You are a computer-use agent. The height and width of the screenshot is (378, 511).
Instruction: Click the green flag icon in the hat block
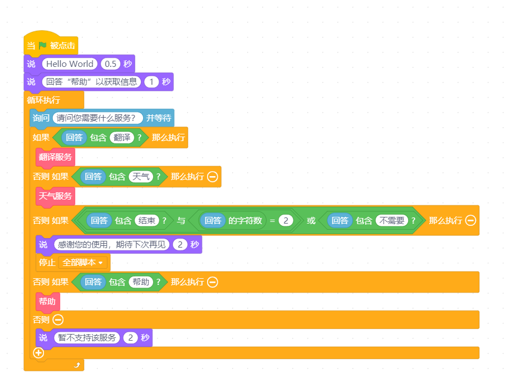point(43,45)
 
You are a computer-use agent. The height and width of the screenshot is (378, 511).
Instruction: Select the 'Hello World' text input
point(70,64)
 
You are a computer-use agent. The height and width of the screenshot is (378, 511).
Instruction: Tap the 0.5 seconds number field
point(110,64)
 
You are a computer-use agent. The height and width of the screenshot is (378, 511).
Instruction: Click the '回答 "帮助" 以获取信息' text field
point(92,81)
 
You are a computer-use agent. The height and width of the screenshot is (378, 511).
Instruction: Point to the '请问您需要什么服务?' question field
point(97,118)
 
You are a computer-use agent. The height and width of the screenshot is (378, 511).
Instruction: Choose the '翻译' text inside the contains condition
point(122,137)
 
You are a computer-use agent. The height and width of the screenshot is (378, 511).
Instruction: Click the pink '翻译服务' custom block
point(56,157)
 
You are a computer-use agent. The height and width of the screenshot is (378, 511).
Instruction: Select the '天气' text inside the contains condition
point(141,177)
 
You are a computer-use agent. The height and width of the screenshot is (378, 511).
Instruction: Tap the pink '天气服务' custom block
point(56,196)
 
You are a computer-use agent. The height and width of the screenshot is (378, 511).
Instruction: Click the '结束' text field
point(146,221)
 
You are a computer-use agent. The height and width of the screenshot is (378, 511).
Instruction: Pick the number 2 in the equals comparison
point(286,221)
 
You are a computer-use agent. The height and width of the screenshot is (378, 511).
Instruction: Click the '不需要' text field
point(392,221)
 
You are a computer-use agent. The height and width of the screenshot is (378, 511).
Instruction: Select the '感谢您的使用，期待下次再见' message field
point(112,245)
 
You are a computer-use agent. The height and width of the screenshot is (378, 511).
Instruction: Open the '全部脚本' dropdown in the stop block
point(82,263)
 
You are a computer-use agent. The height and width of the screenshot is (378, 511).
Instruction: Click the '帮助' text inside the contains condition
point(141,282)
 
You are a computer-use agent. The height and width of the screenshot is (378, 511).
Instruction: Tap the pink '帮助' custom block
point(47,301)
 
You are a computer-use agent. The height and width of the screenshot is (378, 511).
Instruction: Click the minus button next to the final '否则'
point(58,319)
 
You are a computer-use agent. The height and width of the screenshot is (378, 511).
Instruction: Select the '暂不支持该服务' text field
point(87,337)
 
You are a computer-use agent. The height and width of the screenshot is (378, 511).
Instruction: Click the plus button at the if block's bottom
point(38,353)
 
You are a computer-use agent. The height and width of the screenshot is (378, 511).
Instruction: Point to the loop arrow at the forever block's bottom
point(77,365)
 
